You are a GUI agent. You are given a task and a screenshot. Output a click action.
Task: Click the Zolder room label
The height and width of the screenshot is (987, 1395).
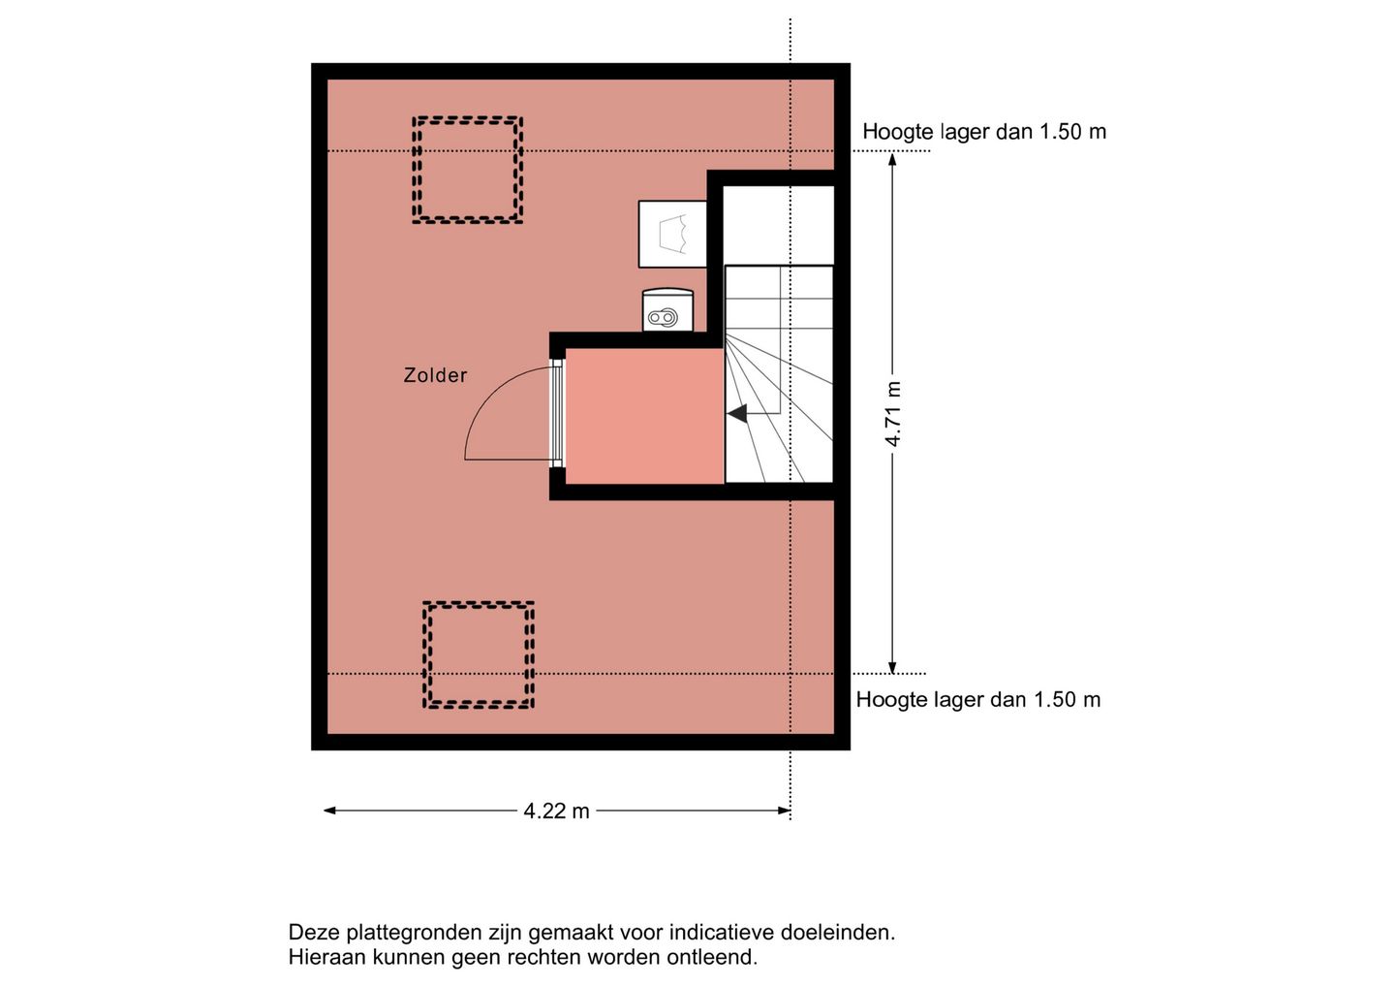point(435,375)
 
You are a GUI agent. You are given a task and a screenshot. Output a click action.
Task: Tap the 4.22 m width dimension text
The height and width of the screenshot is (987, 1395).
point(556,811)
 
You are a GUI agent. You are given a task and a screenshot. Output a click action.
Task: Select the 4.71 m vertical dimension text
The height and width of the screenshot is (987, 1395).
point(893,414)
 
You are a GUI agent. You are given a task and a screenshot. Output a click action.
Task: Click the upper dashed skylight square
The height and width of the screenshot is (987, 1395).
point(468,171)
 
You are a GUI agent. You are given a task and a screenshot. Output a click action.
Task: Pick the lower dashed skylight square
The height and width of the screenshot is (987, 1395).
point(479,655)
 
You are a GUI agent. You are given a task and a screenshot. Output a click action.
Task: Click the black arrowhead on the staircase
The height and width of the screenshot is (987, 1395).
point(737,414)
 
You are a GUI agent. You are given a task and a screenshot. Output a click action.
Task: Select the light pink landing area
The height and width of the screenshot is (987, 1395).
point(644,416)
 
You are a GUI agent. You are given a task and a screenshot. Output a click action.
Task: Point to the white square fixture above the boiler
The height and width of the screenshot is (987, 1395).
point(672,234)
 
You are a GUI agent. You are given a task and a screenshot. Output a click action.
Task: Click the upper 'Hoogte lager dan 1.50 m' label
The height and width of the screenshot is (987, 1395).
point(984,132)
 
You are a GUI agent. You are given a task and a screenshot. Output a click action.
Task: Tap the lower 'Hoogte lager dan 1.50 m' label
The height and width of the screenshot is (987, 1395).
point(978,700)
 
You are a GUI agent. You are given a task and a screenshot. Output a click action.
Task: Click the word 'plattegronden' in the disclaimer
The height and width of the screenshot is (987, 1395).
point(404,933)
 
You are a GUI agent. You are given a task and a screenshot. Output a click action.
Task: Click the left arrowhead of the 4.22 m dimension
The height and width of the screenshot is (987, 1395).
point(329,811)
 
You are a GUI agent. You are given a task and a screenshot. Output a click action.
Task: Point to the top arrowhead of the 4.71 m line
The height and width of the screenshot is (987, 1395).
point(892,159)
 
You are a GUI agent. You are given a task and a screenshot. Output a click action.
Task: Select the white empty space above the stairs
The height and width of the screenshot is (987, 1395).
point(779,224)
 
